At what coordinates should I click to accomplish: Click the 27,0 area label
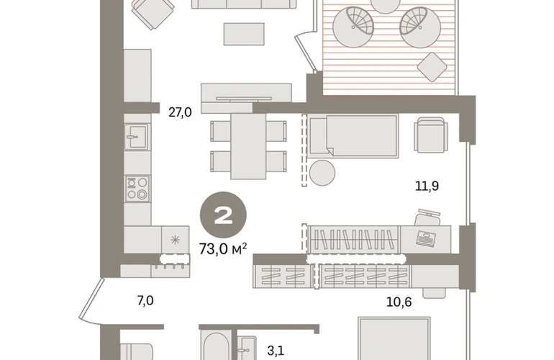[x=180, y=112]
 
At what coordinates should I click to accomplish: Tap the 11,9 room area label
[x=427, y=186]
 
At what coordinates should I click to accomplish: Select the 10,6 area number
[x=399, y=302]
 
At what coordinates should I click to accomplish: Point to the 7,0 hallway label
[x=145, y=301]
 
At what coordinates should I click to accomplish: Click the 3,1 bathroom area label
[x=276, y=351]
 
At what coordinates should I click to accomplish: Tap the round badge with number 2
[x=223, y=215]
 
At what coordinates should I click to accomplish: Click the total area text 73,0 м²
[x=223, y=249]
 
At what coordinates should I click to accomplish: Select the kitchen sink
[x=137, y=137]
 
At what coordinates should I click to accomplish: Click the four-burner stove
[x=137, y=189]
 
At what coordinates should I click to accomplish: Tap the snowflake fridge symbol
[x=175, y=240]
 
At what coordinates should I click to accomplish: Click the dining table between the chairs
[x=248, y=145]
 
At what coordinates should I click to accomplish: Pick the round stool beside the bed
[x=322, y=173]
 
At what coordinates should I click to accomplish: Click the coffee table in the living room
[x=244, y=34]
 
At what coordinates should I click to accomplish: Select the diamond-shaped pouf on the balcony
[x=432, y=67]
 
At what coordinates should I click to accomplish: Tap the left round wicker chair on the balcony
[x=354, y=27]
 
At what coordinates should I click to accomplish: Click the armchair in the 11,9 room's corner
[x=431, y=135]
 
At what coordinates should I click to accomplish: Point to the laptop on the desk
[x=426, y=238]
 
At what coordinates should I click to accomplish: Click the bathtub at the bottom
[x=216, y=346]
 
